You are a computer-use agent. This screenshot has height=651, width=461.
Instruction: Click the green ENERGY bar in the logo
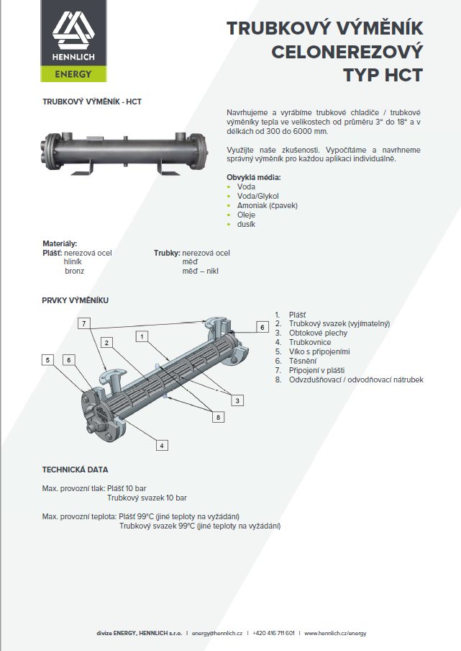point(73,73)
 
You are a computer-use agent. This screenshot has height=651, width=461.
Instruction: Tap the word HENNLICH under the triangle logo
point(73,57)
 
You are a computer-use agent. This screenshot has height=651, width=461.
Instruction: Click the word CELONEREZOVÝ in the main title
point(347,52)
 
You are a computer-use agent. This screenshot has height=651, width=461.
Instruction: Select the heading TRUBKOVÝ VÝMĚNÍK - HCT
point(92,102)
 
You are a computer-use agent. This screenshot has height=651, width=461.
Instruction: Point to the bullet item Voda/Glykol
point(258,196)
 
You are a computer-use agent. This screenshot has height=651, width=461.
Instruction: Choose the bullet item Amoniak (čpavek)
point(268,205)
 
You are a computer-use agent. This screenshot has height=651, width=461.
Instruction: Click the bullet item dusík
point(246,224)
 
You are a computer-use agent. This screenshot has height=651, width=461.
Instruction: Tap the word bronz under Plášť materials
point(75,271)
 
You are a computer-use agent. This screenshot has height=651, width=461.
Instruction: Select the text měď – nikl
point(200,271)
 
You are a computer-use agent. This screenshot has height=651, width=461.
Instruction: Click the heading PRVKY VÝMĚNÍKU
point(76,300)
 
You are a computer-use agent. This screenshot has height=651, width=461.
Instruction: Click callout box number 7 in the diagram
point(84,323)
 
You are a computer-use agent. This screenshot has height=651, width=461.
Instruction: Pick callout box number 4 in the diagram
point(162,446)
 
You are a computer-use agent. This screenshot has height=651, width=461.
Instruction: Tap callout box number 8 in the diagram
point(219,417)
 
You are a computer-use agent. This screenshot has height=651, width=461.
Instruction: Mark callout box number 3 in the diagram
point(237,400)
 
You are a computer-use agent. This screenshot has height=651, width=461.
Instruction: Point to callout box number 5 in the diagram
point(47,360)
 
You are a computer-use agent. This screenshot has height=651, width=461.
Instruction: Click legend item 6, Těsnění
point(296,362)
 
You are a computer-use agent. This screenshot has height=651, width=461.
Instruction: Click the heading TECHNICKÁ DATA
point(75,470)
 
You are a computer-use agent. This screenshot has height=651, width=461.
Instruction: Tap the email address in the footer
point(216,634)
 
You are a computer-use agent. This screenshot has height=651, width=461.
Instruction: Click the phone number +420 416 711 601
point(273,634)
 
